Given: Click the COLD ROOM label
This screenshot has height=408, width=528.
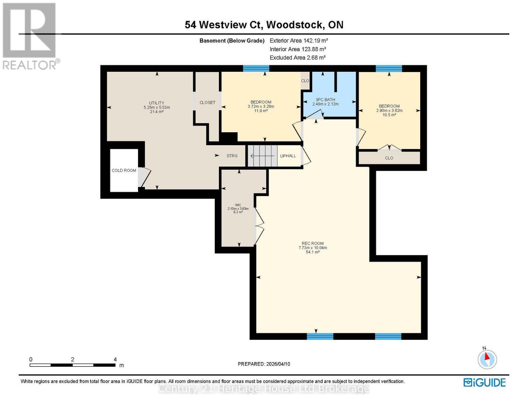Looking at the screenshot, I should tap(124, 170).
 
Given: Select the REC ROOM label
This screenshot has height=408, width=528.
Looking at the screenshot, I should tap(312, 248).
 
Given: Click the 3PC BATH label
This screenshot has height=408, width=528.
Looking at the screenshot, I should tap(325, 102).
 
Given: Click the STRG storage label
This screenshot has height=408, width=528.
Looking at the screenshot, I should tap(232, 156).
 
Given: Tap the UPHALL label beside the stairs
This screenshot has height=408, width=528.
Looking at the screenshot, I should tap(288, 156).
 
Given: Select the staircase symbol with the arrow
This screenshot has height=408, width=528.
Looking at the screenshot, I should tap(262, 156).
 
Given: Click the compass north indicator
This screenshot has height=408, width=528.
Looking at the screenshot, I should tap(487, 358).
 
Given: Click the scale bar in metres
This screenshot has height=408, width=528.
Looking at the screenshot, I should tap(72, 365).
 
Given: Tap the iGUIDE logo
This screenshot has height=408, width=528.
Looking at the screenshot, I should tap(484, 382).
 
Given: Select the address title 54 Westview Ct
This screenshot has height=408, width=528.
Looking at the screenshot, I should tap(264, 25).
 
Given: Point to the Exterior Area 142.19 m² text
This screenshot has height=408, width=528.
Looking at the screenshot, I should tap(299, 40).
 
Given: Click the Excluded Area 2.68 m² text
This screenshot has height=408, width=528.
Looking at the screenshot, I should tap(297, 57).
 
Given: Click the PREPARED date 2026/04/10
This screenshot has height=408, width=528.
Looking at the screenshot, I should tap(264, 364).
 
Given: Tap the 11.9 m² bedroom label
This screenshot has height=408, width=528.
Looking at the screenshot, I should tap(261, 106).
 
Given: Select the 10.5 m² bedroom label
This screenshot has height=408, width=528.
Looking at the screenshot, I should tap(389, 111).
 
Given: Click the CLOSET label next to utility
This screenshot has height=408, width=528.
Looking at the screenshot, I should tap(207, 102).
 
